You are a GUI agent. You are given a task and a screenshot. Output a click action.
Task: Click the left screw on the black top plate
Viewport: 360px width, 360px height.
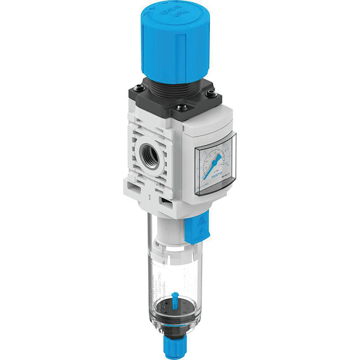coord(140,89)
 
